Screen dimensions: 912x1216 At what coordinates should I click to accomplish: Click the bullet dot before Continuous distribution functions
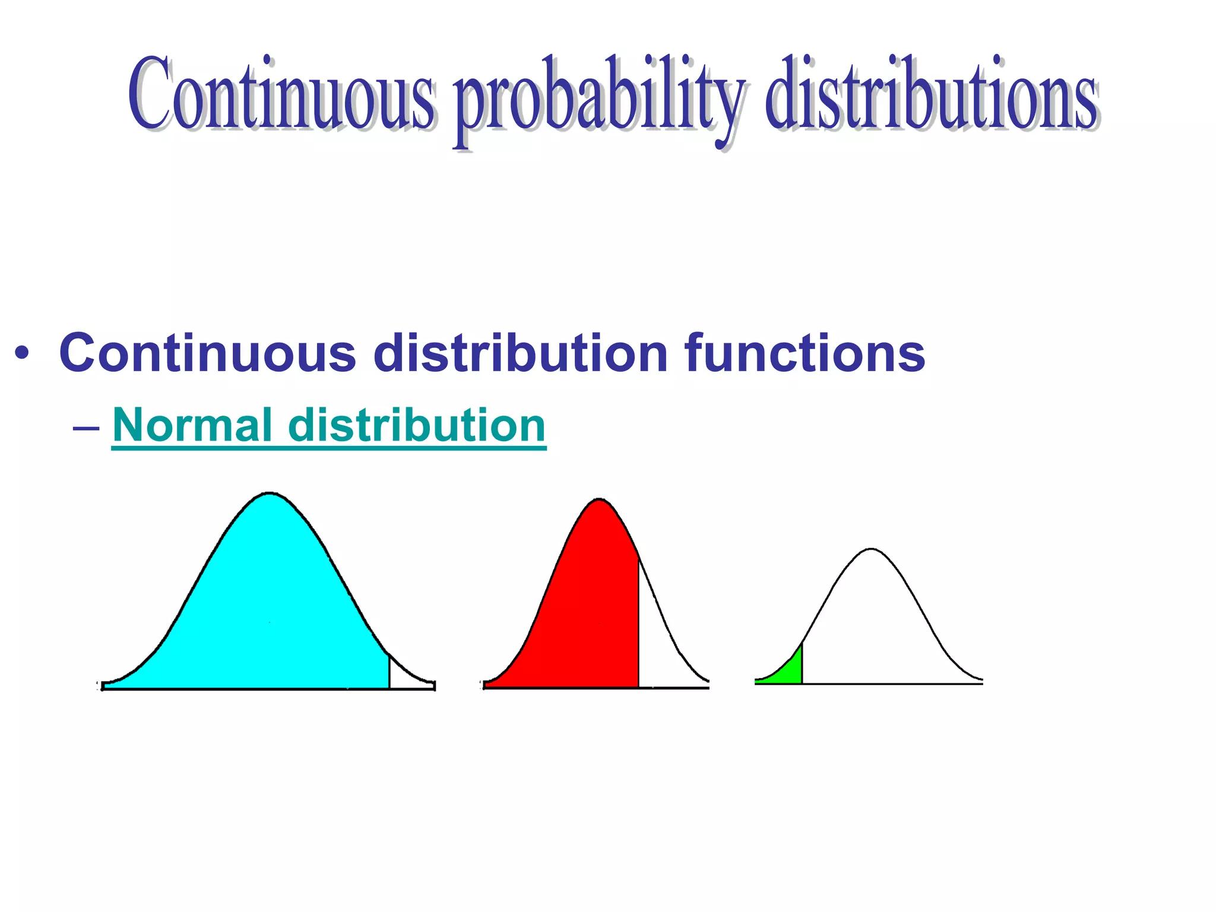point(22,354)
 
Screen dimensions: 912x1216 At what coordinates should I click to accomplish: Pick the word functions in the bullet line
point(805,353)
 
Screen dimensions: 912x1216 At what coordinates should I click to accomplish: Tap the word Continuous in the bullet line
point(208,353)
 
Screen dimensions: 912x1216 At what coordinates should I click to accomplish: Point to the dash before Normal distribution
point(87,427)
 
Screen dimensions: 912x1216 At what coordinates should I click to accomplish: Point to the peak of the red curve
point(599,500)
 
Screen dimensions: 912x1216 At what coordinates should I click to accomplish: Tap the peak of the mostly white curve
point(871,549)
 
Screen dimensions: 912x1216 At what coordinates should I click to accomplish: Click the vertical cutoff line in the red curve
point(639,623)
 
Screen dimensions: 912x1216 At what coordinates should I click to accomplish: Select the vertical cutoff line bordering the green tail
point(802,664)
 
